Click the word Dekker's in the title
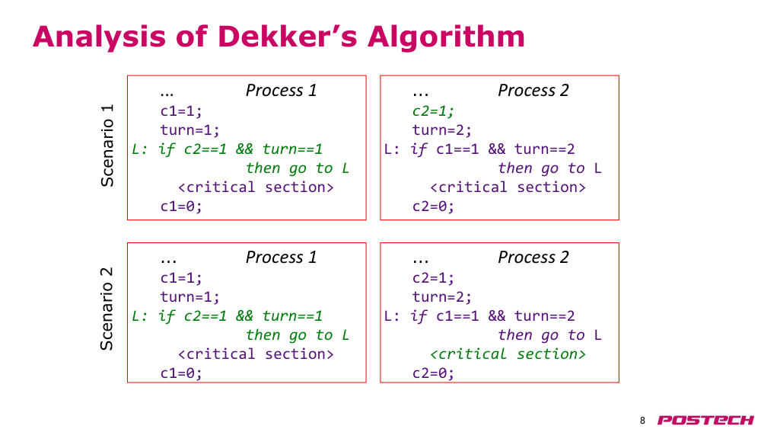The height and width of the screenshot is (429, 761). coord(288,37)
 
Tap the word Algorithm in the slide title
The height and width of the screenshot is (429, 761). coord(446,37)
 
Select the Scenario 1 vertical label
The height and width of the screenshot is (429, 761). coord(107,146)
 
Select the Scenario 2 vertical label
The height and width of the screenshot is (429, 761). coord(107,309)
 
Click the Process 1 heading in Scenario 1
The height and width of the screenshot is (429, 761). coord(281,91)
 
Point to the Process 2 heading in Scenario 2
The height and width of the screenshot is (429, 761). coord(533,257)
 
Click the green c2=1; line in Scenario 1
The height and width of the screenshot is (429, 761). coord(433,110)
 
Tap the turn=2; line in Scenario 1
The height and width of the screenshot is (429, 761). coord(441,130)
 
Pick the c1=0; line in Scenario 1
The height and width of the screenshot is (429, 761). coord(181,206)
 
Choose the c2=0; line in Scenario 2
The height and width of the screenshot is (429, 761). coord(433,373)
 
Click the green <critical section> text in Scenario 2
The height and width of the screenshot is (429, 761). coord(508,354)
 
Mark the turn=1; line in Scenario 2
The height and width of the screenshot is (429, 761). coord(189,296)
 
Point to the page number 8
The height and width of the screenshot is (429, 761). coord(642,421)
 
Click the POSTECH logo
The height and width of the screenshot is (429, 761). coord(705,420)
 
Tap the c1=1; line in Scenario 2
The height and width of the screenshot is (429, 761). coord(181,277)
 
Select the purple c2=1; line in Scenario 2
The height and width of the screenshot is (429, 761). coord(433,277)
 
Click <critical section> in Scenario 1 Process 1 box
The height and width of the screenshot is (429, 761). coord(256,187)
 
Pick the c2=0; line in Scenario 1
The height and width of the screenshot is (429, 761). coord(433,206)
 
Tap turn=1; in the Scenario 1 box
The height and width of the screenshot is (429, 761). coord(189,130)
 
